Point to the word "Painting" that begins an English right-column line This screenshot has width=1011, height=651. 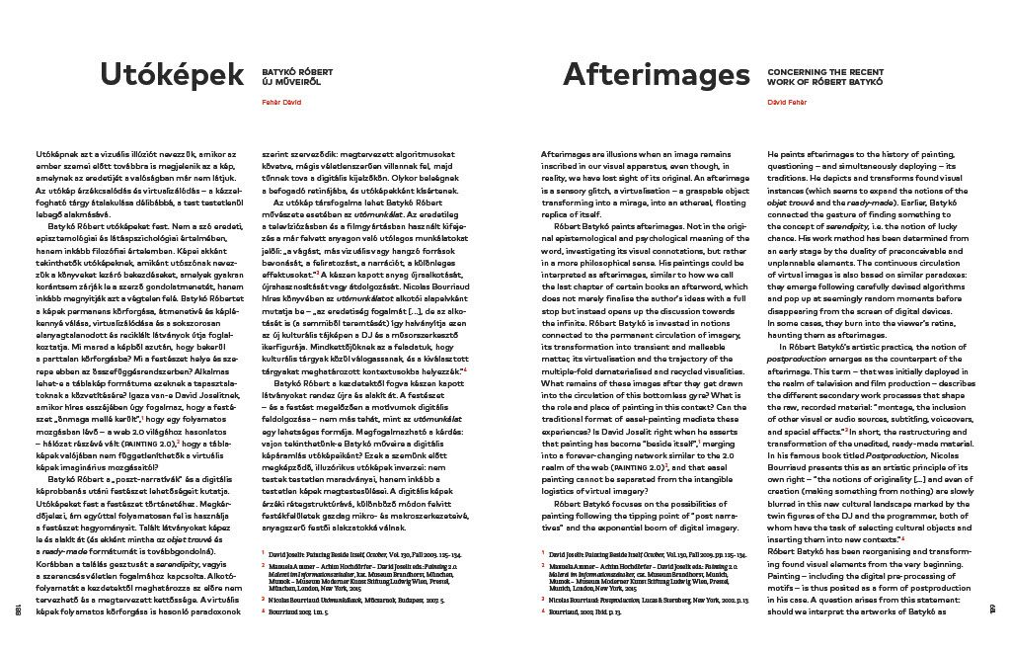click(787, 586)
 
